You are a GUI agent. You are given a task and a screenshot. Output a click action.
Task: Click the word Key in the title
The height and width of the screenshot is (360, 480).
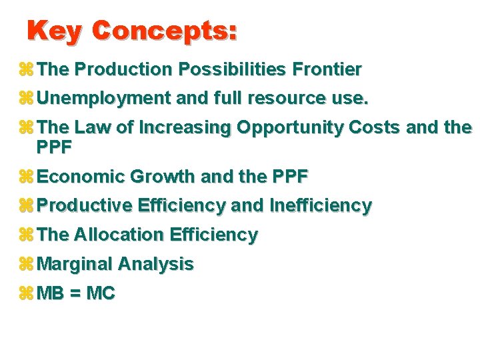pos(55,31)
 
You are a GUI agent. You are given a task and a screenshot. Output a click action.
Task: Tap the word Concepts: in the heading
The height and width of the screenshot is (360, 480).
pos(164,31)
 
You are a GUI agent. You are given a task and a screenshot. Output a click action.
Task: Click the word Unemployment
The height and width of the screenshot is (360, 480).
pos(105,99)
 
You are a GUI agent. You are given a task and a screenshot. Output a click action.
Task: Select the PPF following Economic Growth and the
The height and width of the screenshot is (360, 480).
pos(291,177)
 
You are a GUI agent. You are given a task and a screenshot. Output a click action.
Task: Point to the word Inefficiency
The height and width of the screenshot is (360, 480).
pos(321,206)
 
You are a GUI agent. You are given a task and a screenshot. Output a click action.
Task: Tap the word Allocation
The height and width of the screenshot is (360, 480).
pos(119,235)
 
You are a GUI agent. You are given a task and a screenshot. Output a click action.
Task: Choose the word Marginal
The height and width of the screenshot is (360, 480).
pos(75,265)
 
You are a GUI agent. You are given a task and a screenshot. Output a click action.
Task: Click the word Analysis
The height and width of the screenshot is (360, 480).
pos(155,265)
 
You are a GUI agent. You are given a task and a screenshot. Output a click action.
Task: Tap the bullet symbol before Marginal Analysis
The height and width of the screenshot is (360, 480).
pos(27,265)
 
